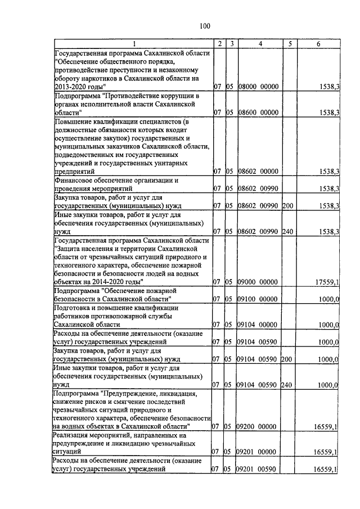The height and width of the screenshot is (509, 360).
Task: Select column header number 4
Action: [260, 44]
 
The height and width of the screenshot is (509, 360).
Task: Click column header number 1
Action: [133, 44]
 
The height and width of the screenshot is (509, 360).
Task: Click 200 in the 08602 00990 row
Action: [288, 206]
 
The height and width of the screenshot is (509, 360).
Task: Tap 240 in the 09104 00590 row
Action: [288, 385]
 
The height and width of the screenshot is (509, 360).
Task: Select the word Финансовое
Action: [74, 180]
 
